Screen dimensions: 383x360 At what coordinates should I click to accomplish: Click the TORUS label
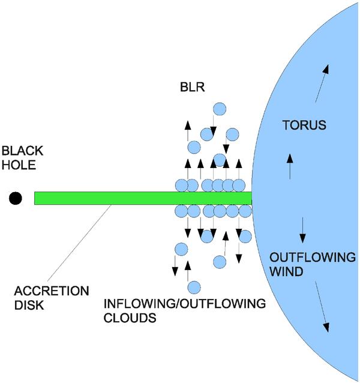click(304, 125)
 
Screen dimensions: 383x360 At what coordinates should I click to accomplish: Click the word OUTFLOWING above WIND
click(312, 258)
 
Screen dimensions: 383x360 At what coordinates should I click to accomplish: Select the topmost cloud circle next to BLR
click(220, 109)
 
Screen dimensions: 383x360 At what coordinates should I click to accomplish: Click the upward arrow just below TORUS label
click(290, 166)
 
